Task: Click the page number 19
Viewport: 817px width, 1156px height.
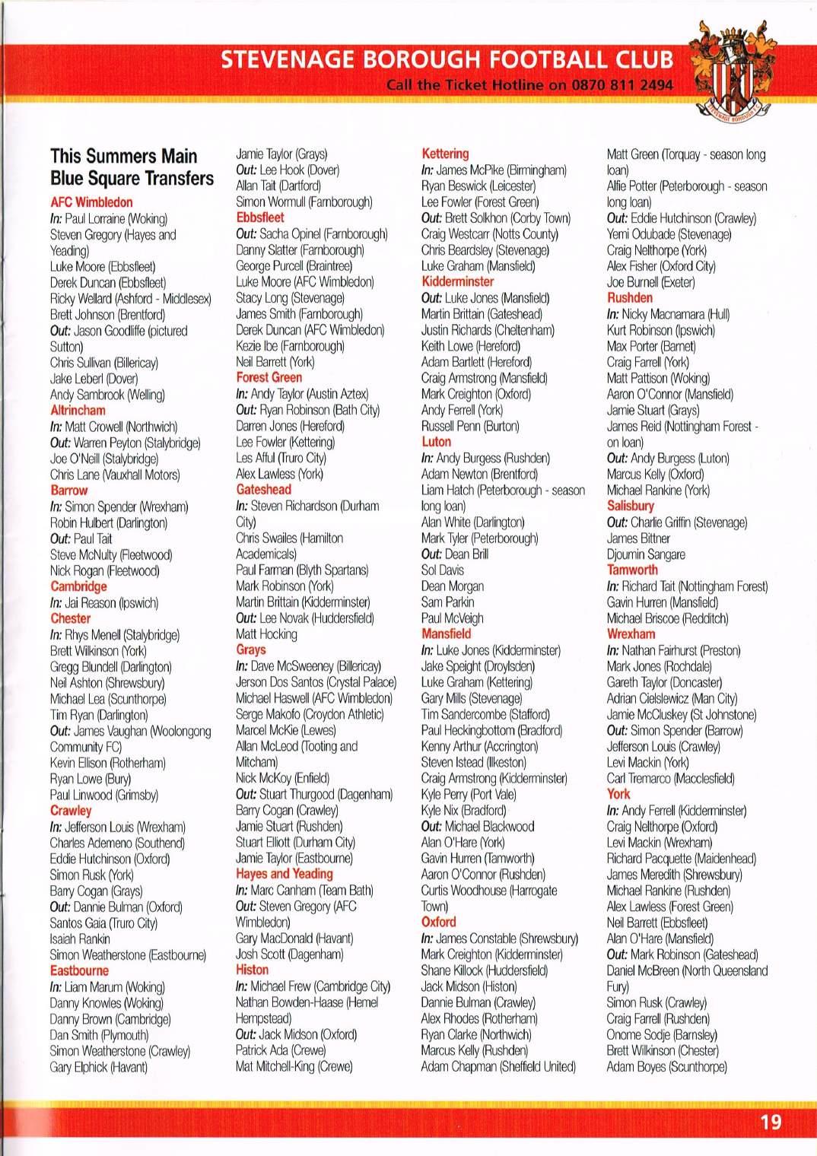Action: tap(770, 1122)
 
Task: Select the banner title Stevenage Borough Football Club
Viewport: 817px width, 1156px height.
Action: tap(447, 59)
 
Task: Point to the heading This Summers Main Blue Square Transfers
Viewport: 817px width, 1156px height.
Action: tap(132, 167)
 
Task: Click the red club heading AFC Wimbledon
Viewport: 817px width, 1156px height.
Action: tap(91, 202)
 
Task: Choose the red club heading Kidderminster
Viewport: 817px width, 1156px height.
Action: tap(458, 282)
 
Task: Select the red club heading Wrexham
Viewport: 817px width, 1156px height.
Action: tap(631, 634)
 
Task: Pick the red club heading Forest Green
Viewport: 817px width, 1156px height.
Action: tap(269, 378)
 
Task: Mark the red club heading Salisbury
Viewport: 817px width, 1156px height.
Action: tap(631, 506)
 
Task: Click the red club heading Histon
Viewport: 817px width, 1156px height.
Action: tap(252, 970)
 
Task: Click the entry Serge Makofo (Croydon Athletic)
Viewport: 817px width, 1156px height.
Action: tap(310, 714)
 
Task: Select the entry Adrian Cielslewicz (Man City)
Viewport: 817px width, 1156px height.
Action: tap(672, 698)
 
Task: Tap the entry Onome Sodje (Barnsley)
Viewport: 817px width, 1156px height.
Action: tap(662, 1034)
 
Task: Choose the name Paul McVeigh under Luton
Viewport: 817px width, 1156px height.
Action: tap(452, 618)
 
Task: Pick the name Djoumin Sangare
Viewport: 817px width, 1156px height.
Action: tap(646, 554)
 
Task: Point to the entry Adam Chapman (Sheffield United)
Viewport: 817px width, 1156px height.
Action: tap(498, 1066)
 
